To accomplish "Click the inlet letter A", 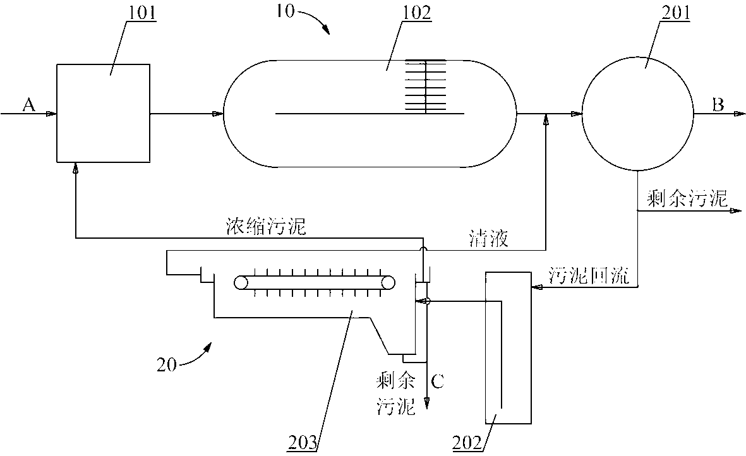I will [28, 105].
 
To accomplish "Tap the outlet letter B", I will [718, 105].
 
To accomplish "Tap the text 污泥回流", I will [587, 278].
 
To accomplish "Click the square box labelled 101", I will [104, 112].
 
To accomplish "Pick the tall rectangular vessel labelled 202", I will [507, 347].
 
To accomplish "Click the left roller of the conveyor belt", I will [241, 283].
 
